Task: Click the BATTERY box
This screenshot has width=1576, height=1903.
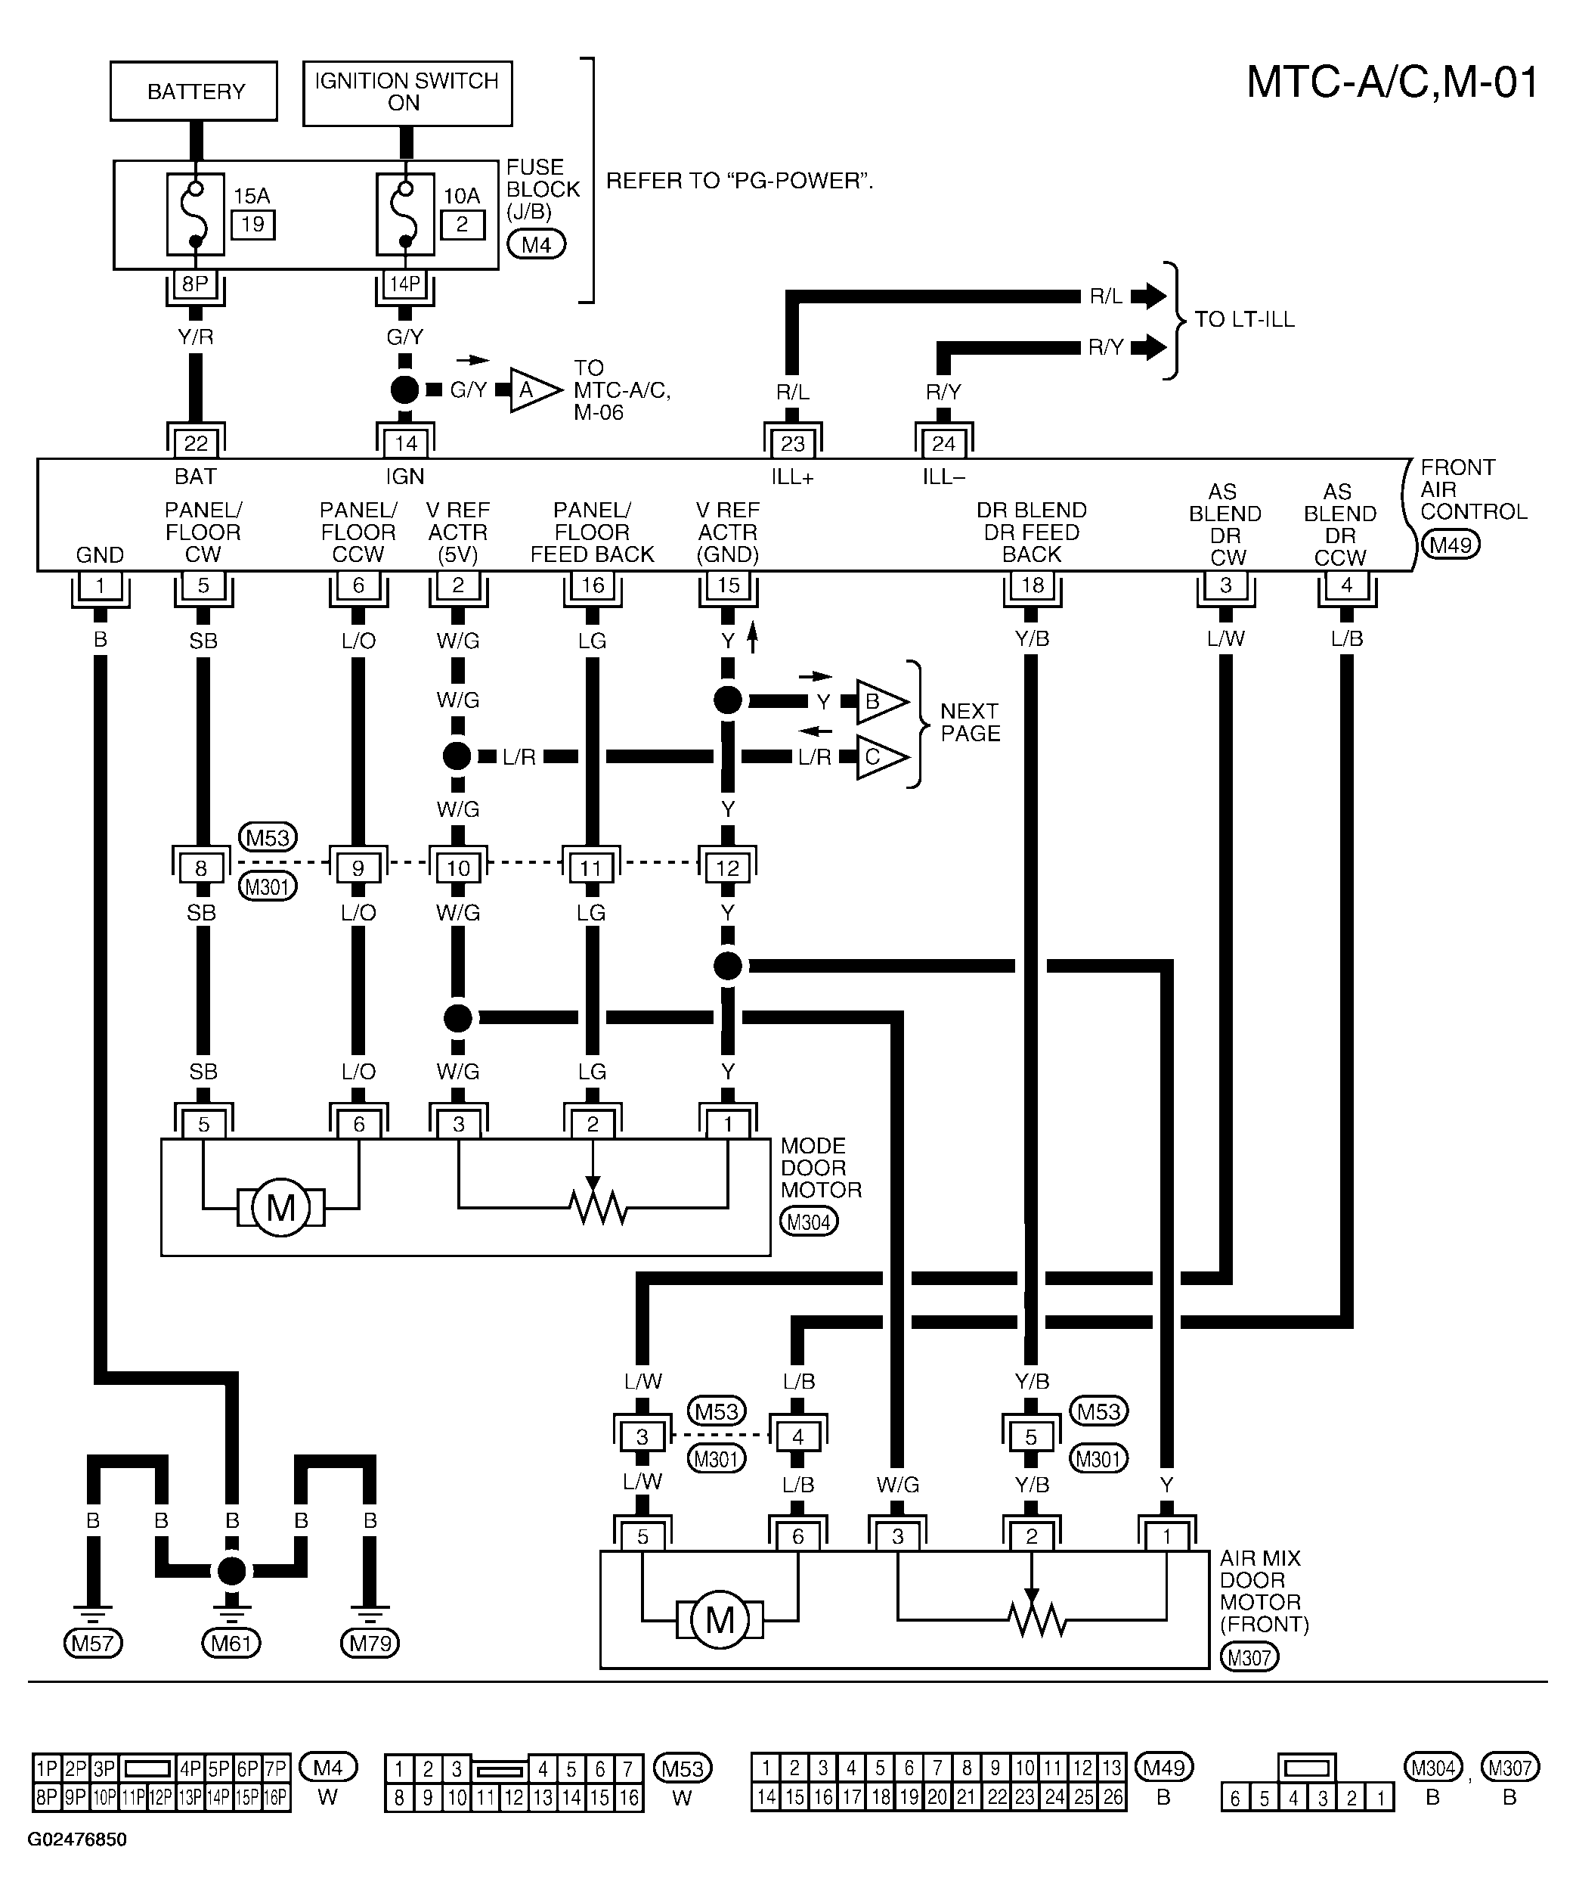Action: [194, 91]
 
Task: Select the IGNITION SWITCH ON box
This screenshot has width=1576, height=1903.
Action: [407, 92]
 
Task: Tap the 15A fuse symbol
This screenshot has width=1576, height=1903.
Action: [196, 215]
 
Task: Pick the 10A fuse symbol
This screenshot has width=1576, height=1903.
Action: [405, 215]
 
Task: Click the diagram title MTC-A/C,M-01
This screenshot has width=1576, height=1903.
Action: [1392, 82]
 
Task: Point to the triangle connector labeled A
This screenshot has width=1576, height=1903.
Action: [535, 390]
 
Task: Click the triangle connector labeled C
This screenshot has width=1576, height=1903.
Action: [881, 756]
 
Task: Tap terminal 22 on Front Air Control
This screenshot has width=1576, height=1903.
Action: [196, 443]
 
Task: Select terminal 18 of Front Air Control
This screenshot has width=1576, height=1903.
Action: [1032, 585]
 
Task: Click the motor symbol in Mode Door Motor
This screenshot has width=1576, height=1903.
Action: [280, 1207]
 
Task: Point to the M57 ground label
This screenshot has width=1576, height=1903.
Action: [92, 1643]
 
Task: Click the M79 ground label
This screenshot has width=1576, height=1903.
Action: [370, 1643]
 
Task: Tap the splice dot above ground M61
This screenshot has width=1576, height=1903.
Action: [232, 1571]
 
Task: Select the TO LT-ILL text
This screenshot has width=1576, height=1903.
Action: [1244, 319]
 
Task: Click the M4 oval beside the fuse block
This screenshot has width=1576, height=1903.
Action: [536, 244]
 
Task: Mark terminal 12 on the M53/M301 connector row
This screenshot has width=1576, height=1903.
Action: [727, 868]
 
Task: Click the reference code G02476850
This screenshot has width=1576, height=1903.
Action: [77, 1858]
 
